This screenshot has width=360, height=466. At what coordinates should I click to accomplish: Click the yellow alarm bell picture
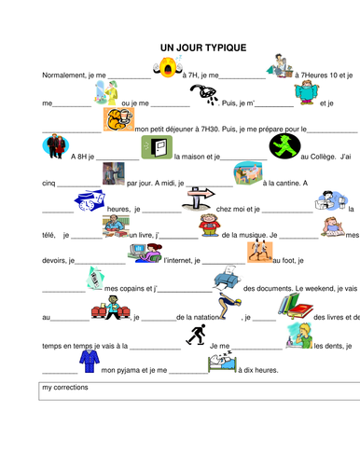168,68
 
